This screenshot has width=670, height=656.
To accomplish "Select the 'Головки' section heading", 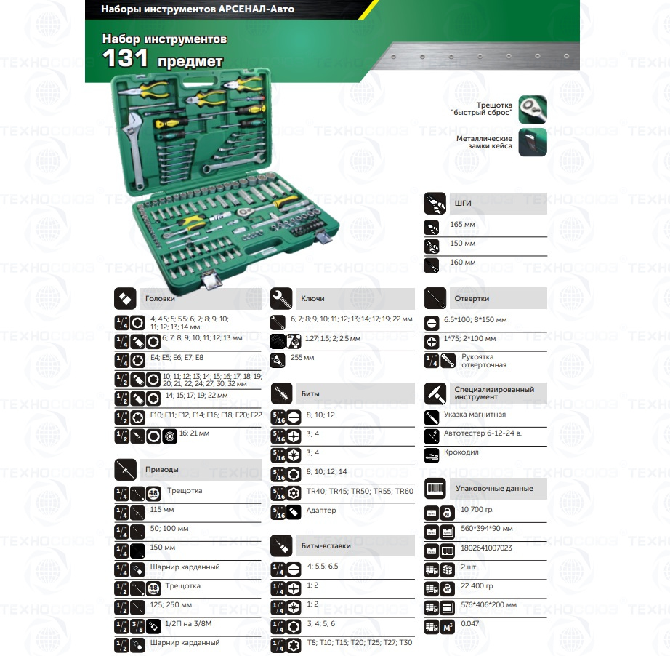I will (160, 298).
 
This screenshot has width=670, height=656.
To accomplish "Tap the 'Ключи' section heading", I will (312, 298).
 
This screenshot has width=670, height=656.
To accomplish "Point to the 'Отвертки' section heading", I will (472, 298).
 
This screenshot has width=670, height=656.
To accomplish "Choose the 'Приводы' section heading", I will (161, 469).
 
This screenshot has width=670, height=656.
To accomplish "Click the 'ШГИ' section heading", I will (463, 203).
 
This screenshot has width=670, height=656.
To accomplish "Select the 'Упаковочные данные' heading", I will (493, 489).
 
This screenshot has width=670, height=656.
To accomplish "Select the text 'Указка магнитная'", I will (475, 415).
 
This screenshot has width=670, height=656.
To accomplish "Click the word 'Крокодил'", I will (461, 452).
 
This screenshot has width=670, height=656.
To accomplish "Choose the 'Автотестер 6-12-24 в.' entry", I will (483, 433).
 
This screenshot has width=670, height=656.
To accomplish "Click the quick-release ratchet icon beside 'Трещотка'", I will (532, 109).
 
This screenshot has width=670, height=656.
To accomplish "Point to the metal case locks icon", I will (532, 143).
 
